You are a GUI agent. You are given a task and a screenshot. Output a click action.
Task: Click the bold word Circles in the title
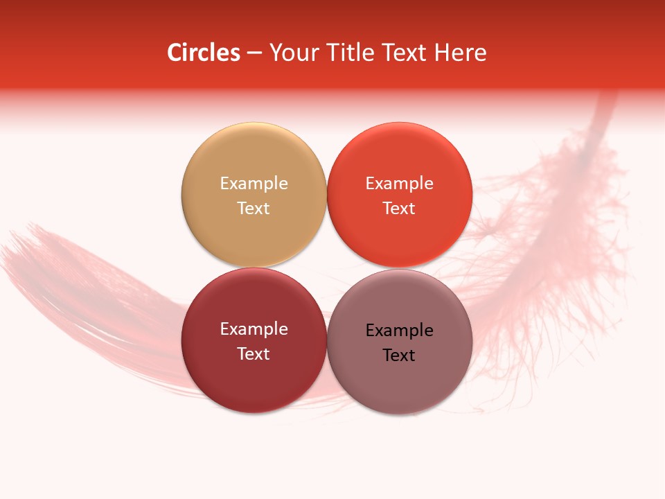(204, 53)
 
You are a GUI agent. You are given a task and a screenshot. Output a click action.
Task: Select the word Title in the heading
(346, 53)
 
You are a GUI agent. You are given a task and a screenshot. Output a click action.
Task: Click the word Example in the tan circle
(254, 183)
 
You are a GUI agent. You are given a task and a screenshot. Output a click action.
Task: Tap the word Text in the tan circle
(254, 208)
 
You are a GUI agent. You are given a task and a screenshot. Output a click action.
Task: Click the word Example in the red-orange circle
(399, 183)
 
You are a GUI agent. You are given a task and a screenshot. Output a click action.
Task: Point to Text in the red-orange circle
(399, 208)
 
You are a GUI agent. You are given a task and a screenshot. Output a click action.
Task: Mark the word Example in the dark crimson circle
(254, 329)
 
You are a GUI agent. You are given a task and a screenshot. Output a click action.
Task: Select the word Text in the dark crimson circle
(254, 353)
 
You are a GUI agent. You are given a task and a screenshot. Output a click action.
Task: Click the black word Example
(399, 330)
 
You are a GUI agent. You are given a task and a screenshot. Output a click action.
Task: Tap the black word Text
(399, 355)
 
